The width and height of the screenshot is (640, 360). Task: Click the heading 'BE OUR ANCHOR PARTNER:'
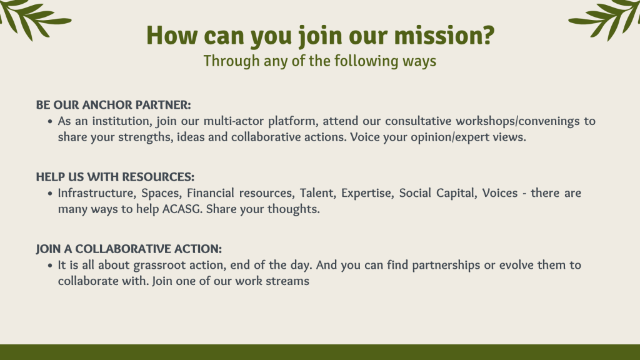(x=114, y=105)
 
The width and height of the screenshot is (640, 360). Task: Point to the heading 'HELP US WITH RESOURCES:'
(x=115, y=177)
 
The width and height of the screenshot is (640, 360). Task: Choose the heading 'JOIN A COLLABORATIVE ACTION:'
(x=129, y=249)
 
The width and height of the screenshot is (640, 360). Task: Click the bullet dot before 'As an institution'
(x=50, y=121)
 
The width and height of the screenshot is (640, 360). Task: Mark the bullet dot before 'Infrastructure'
(x=50, y=193)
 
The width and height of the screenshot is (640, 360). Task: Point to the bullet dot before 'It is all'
(x=50, y=265)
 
